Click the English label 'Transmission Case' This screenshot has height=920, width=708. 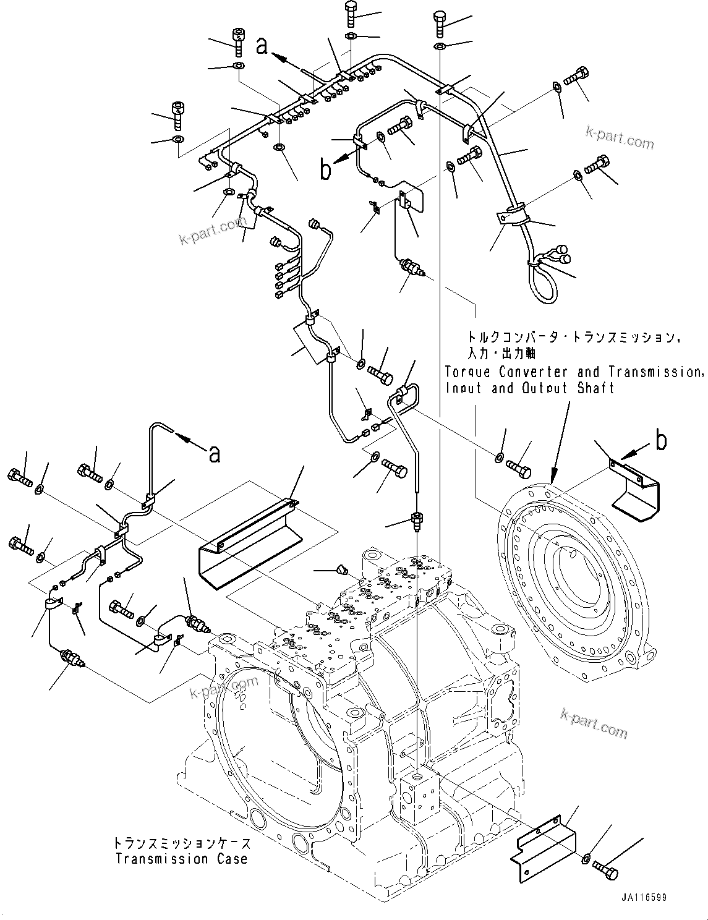pyautogui.click(x=181, y=859)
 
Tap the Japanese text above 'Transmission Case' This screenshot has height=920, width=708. pyautogui.click(x=181, y=843)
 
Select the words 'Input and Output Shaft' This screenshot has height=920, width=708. pyautogui.click(x=529, y=388)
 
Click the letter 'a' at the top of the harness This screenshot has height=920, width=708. pyautogui.click(x=262, y=46)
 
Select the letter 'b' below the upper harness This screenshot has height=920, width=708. pyautogui.click(x=325, y=170)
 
